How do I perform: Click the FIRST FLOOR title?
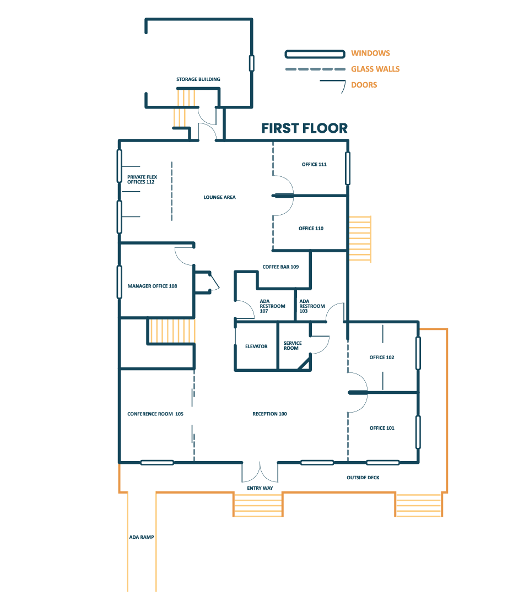[x=304, y=128]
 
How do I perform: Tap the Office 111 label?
[x=314, y=164]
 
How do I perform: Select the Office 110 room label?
[x=311, y=228]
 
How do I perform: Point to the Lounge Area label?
[x=219, y=197]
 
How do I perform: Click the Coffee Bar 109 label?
[x=280, y=267]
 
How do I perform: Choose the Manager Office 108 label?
[x=152, y=286]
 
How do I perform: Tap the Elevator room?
[x=256, y=346]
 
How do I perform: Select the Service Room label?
[x=292, y=345]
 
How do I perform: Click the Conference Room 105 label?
[x=155, y=414]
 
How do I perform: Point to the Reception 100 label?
[x=269, y=414]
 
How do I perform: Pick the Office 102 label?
[x=381, y=358]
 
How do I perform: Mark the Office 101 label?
[x=382, y=428]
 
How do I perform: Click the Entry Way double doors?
[x=260, y=472]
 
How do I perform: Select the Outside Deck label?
[x=363, y=477]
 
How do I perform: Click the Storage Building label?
[x=198, y=79]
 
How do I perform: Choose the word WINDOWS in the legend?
[x=370, y=53]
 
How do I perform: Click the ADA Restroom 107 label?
[x=272, y=306]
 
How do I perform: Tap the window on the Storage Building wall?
[x=252, y=63]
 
